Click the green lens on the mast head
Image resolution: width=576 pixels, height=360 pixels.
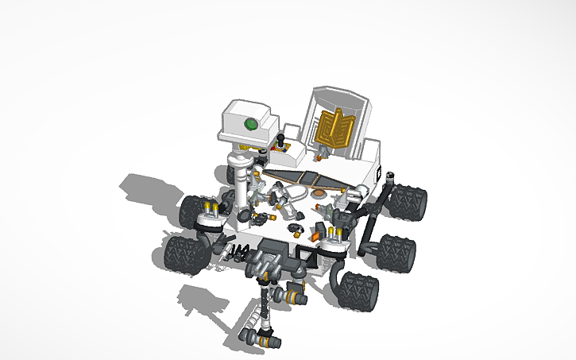point(252,123)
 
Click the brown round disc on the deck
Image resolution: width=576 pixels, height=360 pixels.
point(319,192)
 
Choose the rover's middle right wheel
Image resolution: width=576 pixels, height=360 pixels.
point(395,254)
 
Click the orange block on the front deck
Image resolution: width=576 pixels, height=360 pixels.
point(315,233)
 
